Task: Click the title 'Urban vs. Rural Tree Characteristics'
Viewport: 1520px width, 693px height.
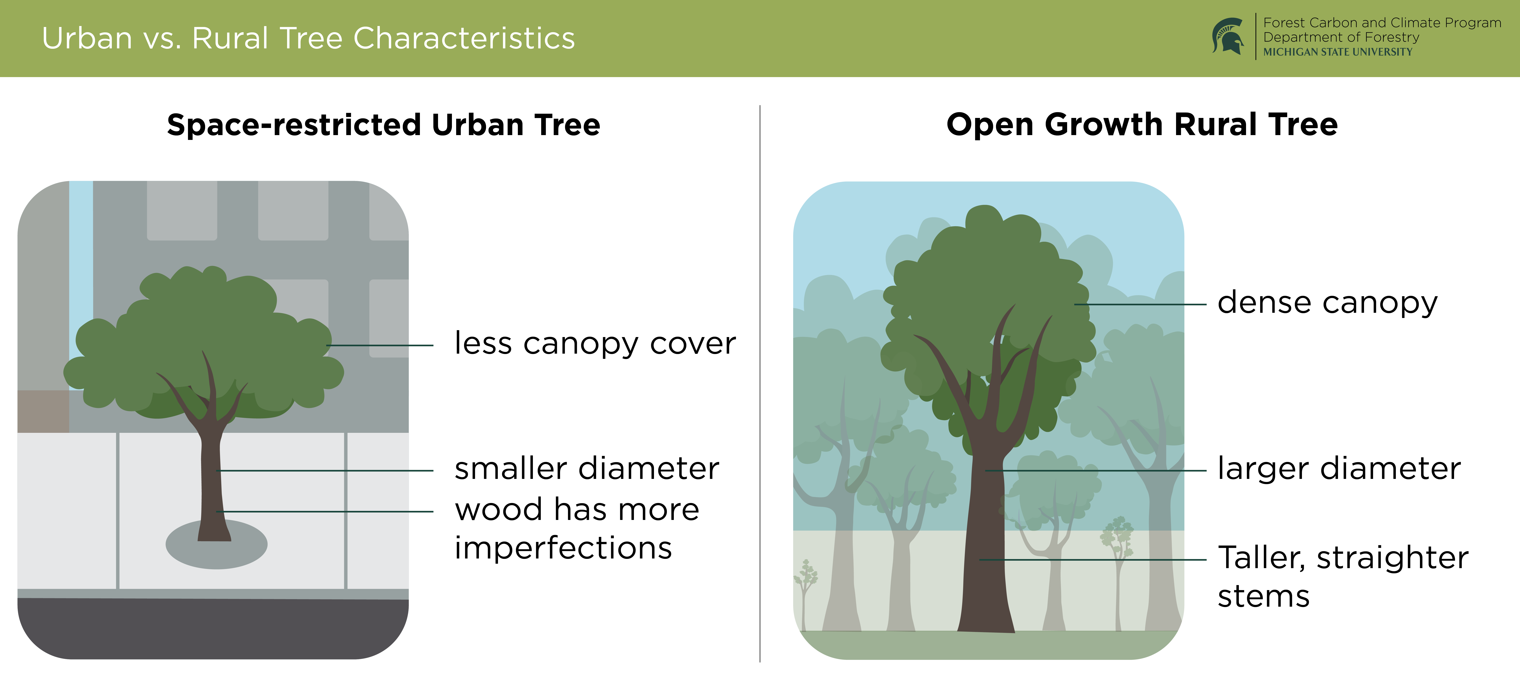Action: [x=308, y=38]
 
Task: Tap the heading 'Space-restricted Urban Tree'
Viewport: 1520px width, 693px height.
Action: [x=383, y=125]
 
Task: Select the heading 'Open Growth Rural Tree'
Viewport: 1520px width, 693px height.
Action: [x=1142, y=125]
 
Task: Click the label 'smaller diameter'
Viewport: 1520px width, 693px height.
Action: [x=586, y=469]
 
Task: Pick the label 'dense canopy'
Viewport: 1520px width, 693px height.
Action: [x=1328, y=303]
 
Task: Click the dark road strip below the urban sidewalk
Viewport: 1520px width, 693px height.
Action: [x=212, y=628]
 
